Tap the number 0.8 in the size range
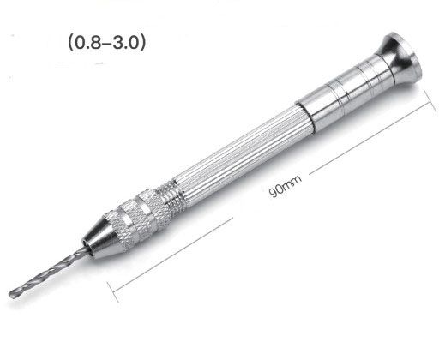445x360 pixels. [x=84, y=40]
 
